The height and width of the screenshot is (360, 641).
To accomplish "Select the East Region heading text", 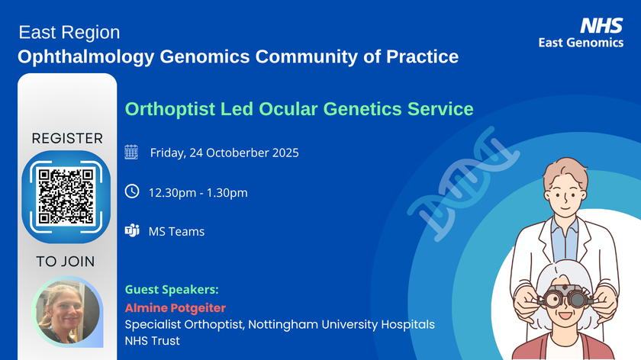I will click(x=69, y=33).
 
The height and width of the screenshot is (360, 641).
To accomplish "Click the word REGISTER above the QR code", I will click(x=66, y=138).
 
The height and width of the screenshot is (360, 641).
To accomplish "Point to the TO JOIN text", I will click(x=66, y=262).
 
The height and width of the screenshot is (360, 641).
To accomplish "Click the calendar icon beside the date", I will click(x=131, y=153).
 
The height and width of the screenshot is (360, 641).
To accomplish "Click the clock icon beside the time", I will click(x=131, y=192).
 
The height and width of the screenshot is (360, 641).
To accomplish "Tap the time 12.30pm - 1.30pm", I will click(x=198, y=193).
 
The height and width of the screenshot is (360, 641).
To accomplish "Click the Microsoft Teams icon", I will click(x=131, y=231).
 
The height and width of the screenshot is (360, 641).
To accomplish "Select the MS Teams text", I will click(x=176, y=231).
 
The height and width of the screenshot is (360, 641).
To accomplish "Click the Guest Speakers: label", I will click(x=171, y=290).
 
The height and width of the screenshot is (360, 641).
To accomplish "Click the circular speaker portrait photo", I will click(x=67, y=311).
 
